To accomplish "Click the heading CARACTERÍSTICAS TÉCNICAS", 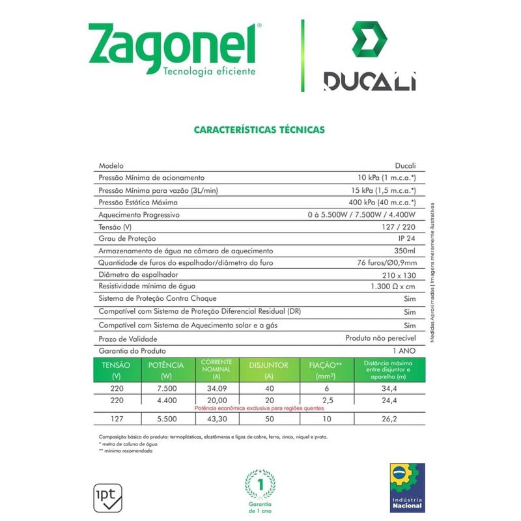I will coord(259,130).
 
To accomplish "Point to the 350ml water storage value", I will coord(405,251).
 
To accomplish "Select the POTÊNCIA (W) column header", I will coord(166,370).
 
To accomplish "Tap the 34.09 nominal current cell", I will coord(217,388).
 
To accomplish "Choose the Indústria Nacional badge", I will coord(407,487).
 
